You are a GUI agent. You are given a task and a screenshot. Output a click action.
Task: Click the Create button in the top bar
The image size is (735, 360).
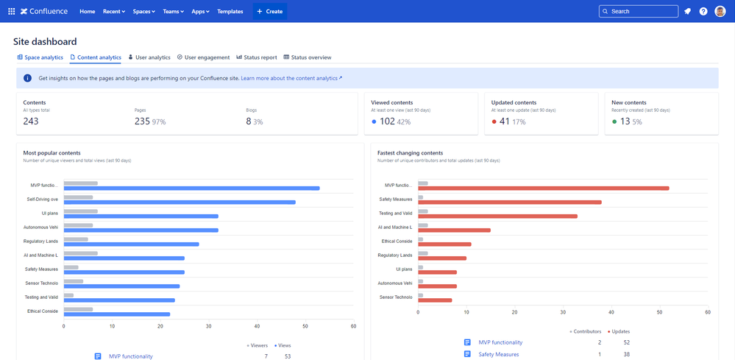coord(269,11)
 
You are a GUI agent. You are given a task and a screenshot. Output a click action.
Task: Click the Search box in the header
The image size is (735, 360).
coord(638,11)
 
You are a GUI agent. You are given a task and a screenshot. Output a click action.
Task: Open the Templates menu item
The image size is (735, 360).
coord(230,11)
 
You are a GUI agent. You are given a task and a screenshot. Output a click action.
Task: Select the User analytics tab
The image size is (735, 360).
coord(149,57)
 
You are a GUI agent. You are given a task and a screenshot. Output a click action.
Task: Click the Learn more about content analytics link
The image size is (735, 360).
coord(291,78)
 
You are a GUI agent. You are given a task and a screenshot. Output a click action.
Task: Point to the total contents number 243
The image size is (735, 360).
coord(31,121)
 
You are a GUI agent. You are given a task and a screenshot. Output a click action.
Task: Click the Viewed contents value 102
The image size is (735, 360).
coord(387,121)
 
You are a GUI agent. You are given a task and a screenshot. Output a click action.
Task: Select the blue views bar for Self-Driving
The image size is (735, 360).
coord(179,202)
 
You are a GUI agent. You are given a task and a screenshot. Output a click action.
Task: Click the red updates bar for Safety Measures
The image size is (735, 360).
coord(509,202)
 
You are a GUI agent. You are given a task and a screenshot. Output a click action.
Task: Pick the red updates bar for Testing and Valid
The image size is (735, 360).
coord(497,216)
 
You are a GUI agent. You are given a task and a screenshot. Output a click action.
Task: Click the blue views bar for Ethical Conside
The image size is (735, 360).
coord(116,314)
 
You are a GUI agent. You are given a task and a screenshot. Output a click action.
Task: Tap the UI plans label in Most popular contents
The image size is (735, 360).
coord(50,213)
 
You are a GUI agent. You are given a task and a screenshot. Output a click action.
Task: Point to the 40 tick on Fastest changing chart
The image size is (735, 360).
coord(611,312)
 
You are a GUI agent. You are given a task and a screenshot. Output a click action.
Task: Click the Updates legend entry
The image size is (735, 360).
coord(619,331)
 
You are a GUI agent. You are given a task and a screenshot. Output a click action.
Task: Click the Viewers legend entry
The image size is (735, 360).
coord(257,345)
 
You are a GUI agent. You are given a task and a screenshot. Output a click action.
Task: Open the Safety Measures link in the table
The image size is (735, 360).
coord(498,354)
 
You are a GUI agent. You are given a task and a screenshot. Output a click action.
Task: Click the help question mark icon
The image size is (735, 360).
coord(703,11)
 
